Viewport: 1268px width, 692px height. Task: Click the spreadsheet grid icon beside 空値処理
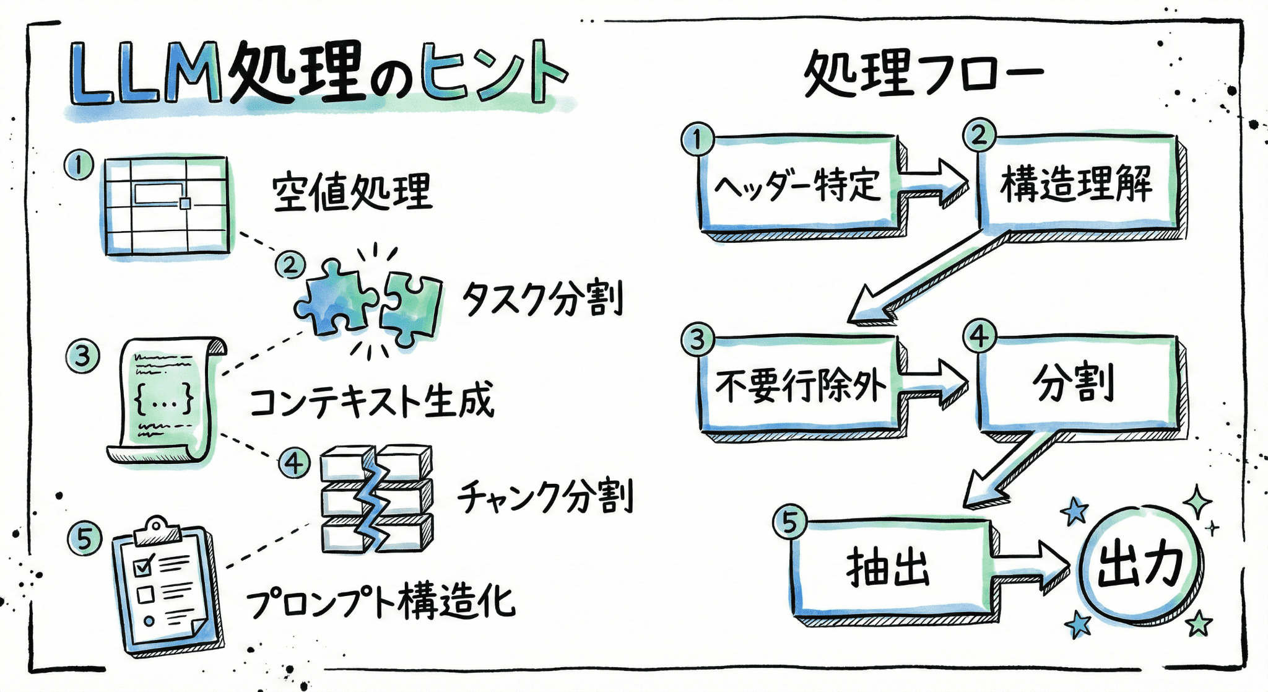pyautogui.click(x=166, y=206)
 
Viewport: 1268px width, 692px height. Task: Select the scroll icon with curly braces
pyautogui.click(x=166, y=400)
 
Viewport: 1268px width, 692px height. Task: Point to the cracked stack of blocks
pyautogui.click(x=376, y=498)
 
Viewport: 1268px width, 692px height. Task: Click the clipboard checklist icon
pyautogui.click(x=166, y=586)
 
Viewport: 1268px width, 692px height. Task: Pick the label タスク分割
pyautogui.click(x=542, y=299)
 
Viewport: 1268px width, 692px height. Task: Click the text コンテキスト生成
pyautogui.click(x=371, y=401)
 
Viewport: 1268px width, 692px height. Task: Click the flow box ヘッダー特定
pyautogui.click(x=799, y=184)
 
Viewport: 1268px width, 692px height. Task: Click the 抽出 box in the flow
pyautogui.click(x=889, y=567)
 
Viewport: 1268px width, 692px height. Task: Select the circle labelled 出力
pyautogui.click(x=1139, y=565)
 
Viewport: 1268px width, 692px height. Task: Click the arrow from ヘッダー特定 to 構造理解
pyautogui.click(x=934, y=182)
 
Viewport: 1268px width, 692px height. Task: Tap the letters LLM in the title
pyautogui.click(x=145, y=73)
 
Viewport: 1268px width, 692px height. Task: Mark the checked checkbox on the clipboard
pyautogui.click(x=144, y=565)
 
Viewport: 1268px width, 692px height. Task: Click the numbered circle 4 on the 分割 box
pyautogui.click(x=979, y=337)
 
